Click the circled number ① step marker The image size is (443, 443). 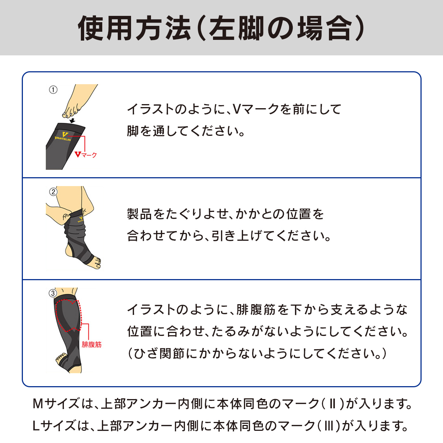tap(53, 90)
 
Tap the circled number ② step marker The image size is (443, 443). tap(53, 192)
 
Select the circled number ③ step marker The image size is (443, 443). tap(53, 293)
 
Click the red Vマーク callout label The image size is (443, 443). tap(86, 155)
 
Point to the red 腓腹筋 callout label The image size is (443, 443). tap(92, 344)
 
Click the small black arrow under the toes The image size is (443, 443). tap(72, 120)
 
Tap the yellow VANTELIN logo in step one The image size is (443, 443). tap(63, 136)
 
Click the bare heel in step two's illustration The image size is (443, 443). tap(69, 251)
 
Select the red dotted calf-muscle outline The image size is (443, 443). tap(69, 315)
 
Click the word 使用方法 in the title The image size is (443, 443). tap(134, 28)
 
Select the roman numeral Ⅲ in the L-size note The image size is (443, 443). tap(329, 426)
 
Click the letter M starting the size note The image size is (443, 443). tap(38, 404)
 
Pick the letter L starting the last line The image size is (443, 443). tap(36, 426)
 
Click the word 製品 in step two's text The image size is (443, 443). tap(139, 214)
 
